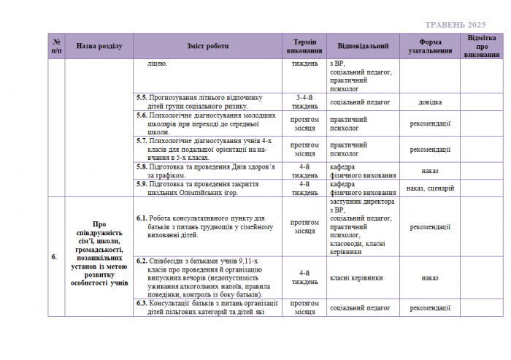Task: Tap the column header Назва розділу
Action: pyautogui.click(x=99, y=46)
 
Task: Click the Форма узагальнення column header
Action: pyautogui.click(x=429, y=46)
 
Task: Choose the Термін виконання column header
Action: pyautogui.click(x=304, y=46)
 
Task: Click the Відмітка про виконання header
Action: pyautogui.click(x=483, y=46)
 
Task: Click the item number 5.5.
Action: pyautogui.click(x=142, y=97)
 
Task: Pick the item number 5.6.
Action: pyautogui.click(x=142, y=115)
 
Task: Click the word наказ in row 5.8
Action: pyautogui.click(x=429, y=171)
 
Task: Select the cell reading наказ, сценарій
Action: pyautogui.click(x=429, y=188)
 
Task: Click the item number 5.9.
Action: pyautogui.click(x=142, y=184)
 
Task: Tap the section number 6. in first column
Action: pyautogui.click(x=55, y=257)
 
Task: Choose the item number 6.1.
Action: pyautogui.click(x=142, y=218)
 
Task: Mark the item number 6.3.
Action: pyautogui.click(x=142, y=303)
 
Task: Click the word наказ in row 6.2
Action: pyautogui.click(x=429, y=277)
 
